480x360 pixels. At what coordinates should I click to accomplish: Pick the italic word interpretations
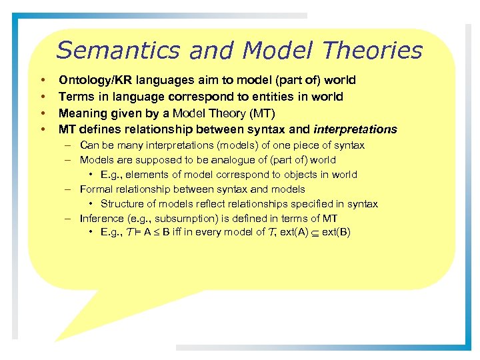click(355, 129)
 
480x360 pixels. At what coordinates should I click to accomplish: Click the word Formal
click(96, 189)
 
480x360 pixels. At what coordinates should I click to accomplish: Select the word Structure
click(123, 204)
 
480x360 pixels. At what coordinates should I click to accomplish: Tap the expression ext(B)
click(337, 233)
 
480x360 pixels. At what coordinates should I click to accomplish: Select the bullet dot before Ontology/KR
click(42, 80)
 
